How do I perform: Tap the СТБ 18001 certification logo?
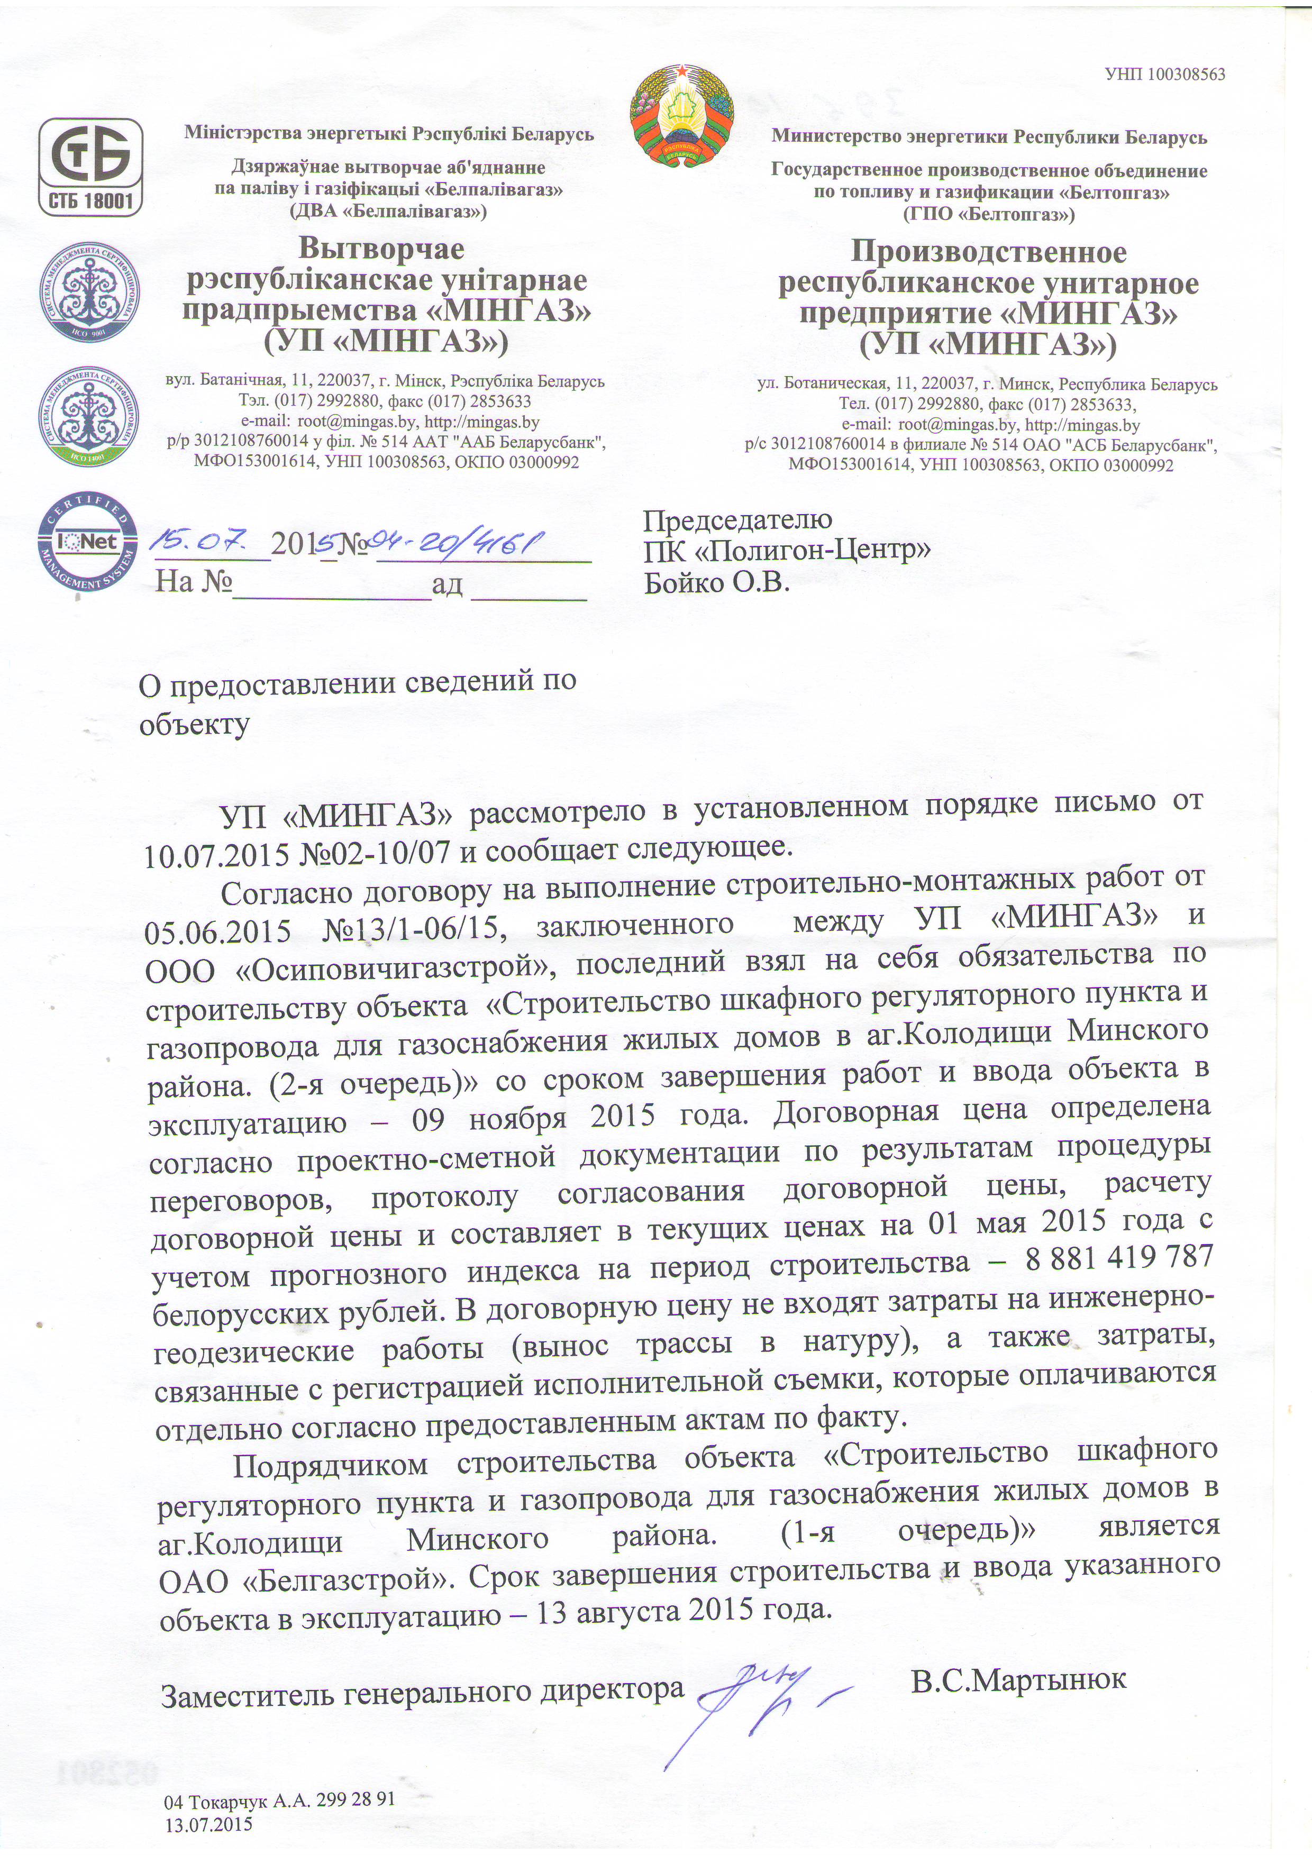(92, 167)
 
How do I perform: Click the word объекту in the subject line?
(194, 724)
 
